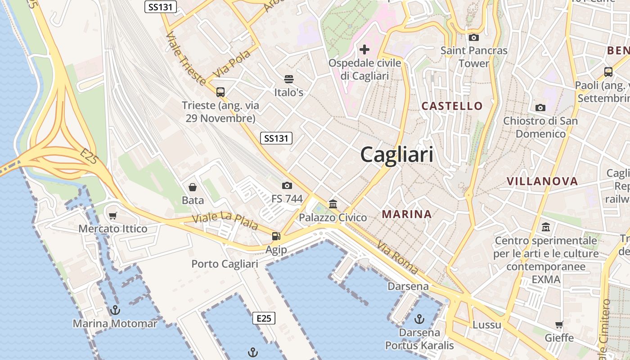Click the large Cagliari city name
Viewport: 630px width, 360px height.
tap(397, 155)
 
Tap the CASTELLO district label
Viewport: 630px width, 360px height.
tap(452, 106)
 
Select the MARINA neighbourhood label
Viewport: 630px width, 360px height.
tap(407, 214)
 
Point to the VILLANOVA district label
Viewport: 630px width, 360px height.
tap(542, 181)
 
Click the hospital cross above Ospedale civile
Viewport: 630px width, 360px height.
tap(364, 49)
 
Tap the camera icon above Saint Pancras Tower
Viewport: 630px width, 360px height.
tap(473, 38)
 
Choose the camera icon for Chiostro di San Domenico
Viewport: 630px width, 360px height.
tap(540, 108)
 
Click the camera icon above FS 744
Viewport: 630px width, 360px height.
tap(287, 185)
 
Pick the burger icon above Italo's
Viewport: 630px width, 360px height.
tap(289, 80)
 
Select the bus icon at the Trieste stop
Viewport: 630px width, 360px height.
tap(220, 92)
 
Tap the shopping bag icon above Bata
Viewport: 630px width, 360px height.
tap(193, 187)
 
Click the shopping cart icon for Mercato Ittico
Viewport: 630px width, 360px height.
tap(112, 216)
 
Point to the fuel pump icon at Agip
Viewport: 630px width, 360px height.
tap(276, 236)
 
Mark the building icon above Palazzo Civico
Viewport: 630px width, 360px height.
tap(333, 204)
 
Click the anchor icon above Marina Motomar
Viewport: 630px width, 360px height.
tap(115, 310)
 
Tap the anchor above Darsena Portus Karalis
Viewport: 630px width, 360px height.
tap(419, 319)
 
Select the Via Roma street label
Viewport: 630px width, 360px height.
tap(398, 258)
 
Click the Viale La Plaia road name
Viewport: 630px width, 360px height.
tap(225, 220)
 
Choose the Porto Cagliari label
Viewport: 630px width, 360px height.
tap(225, 264)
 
